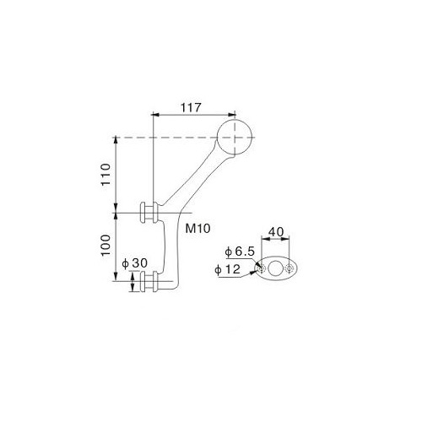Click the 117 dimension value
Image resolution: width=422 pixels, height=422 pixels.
[191, 107]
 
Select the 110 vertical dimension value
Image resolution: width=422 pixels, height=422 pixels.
[106, 175]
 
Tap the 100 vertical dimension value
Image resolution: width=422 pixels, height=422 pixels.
[106, 245]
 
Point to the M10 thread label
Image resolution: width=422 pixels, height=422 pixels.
[197, 229]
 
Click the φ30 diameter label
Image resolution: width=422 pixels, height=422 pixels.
[134, 263]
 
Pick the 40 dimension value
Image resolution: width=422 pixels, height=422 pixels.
[276, 232]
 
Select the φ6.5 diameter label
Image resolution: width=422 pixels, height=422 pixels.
[240, 252]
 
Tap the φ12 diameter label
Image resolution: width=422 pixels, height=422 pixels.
[227, 269]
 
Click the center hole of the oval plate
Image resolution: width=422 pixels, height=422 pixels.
[275, 268]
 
